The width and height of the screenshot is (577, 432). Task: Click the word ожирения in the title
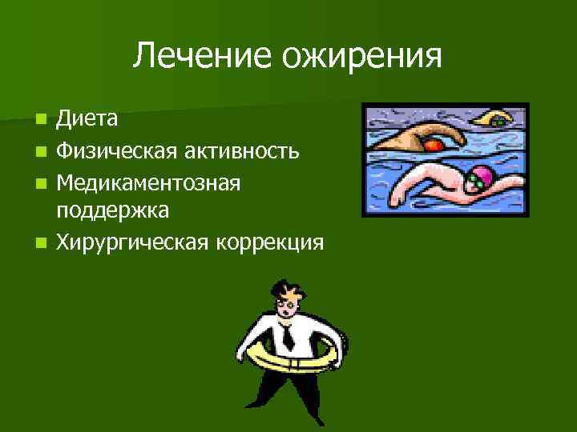tap(357, 56)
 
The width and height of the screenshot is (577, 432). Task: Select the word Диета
tap(87, 119)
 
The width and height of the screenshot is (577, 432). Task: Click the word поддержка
tap(111, 210)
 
